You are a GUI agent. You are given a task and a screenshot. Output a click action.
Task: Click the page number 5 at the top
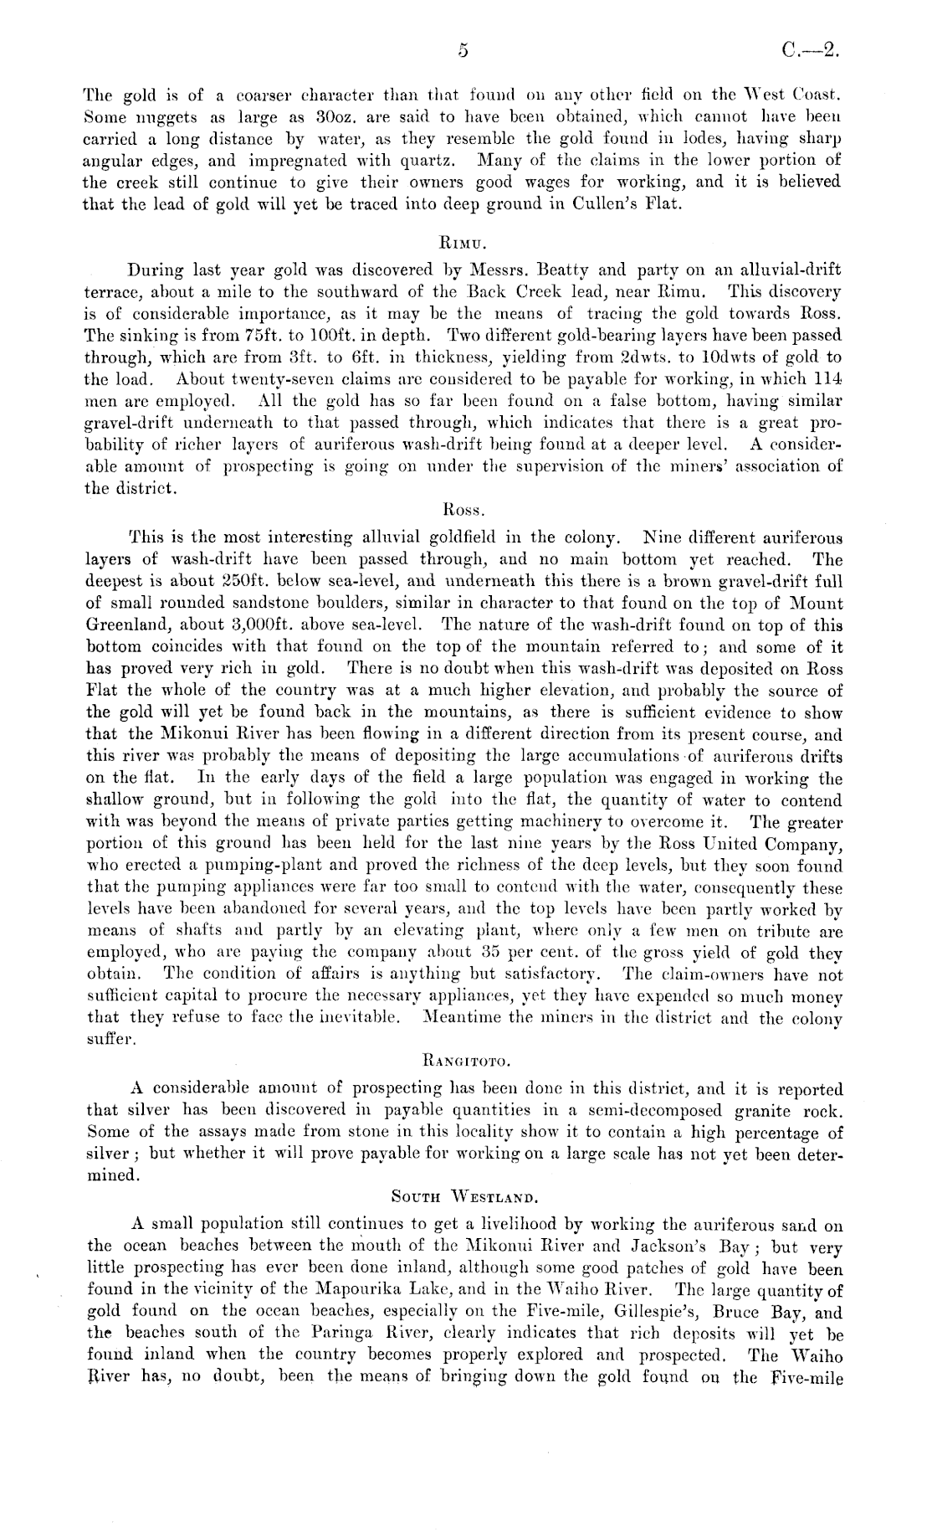pos(462,51)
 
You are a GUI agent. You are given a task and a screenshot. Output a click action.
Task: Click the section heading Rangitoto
pos(466,1063)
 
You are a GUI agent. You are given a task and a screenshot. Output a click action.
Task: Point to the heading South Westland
pos(466,1200)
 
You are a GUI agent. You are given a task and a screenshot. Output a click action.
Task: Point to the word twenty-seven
pos(257,379)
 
